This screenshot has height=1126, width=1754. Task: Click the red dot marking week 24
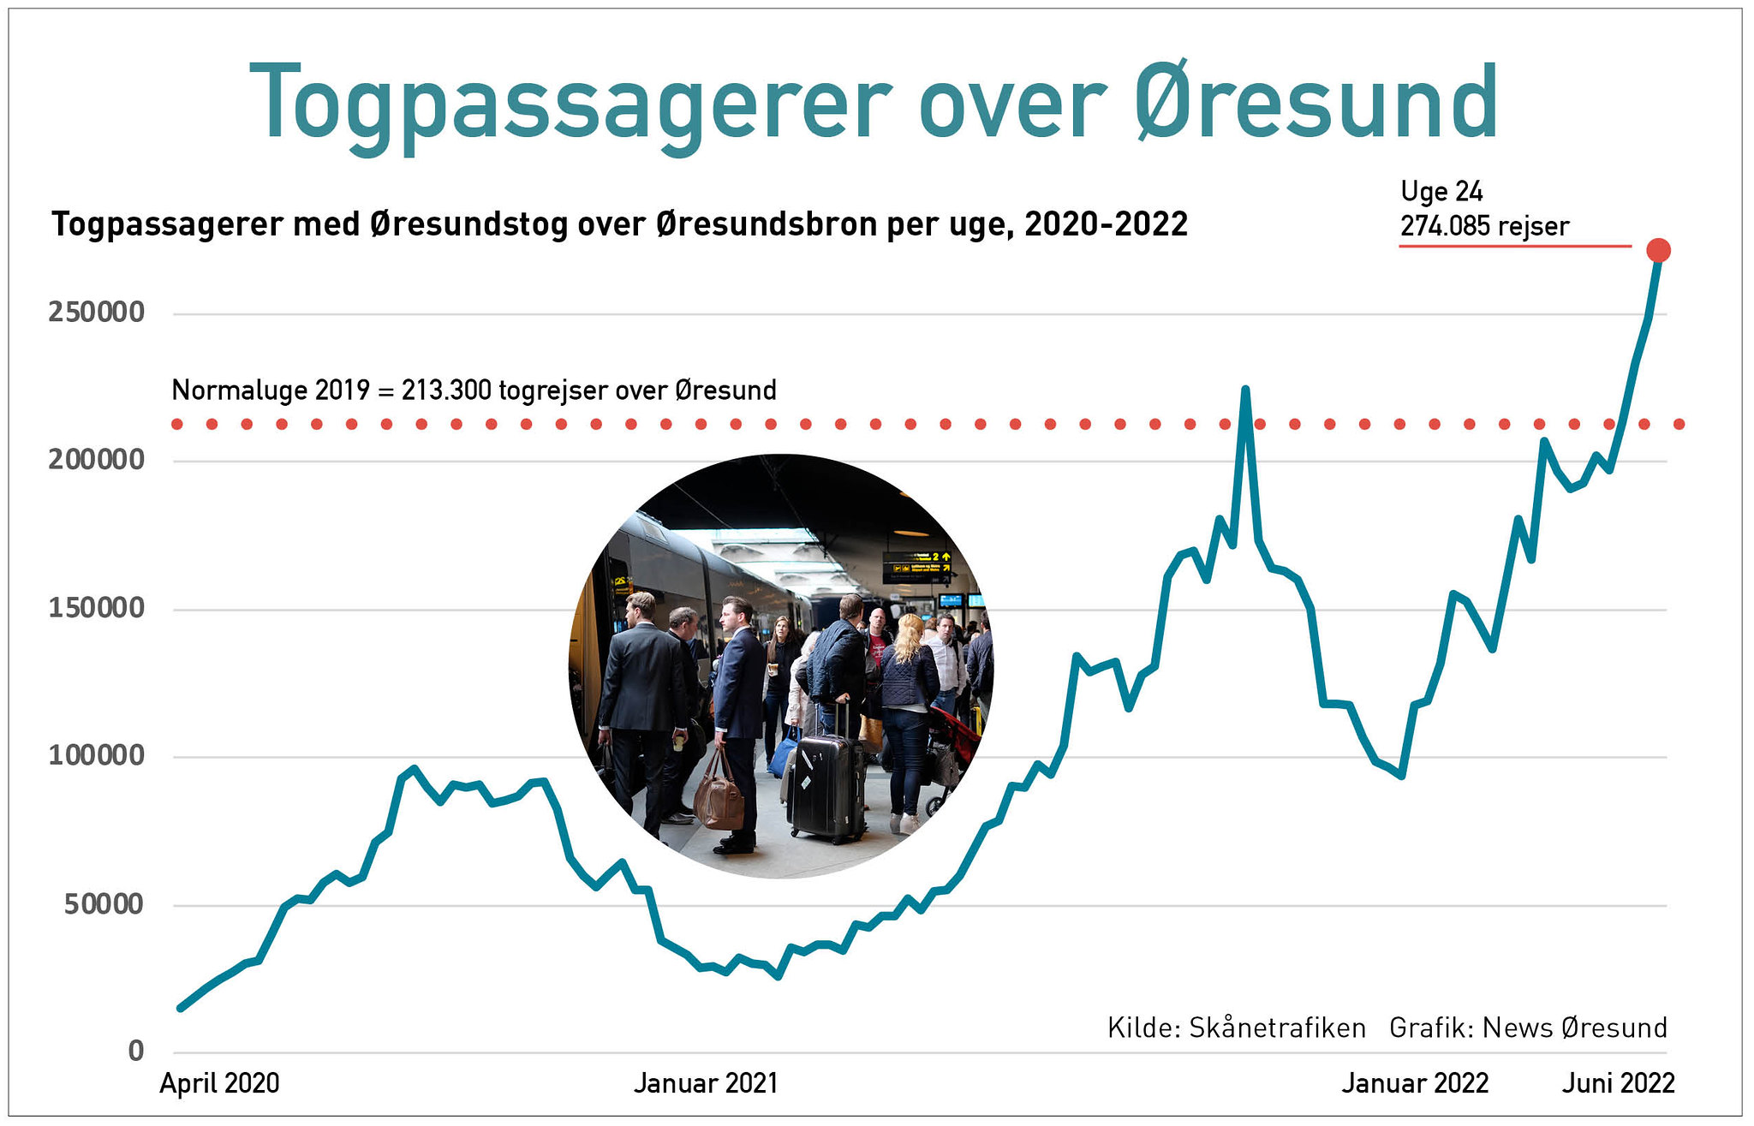click(1658, 250)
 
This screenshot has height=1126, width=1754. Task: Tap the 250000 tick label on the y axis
click(97, 313)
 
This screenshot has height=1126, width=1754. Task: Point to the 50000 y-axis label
click(104, 904)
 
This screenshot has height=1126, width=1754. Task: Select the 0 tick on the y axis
click(136, 1051)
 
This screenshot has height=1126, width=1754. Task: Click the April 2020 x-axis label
click(219, 1083)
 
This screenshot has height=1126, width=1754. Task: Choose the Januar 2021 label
click(706, 1083)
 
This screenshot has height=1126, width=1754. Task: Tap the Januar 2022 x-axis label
click(1415, 1083)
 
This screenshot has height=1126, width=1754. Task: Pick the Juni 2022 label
click(1618, 1083)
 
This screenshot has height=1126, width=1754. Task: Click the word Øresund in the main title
click(1316, 103)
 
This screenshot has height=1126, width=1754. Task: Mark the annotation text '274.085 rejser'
click(1484, 226)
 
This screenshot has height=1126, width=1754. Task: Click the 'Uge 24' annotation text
click(1441, 191)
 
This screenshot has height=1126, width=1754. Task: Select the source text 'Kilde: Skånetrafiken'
click(1236, 1028)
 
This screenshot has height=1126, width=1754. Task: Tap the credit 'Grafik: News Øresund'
click(1528, 1028)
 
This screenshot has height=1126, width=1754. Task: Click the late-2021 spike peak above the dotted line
click(1245, 390)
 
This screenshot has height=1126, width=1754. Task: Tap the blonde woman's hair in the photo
click(909, 638)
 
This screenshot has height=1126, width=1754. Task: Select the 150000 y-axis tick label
click(97, 608)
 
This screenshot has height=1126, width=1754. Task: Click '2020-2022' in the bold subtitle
click(1106, 224)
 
